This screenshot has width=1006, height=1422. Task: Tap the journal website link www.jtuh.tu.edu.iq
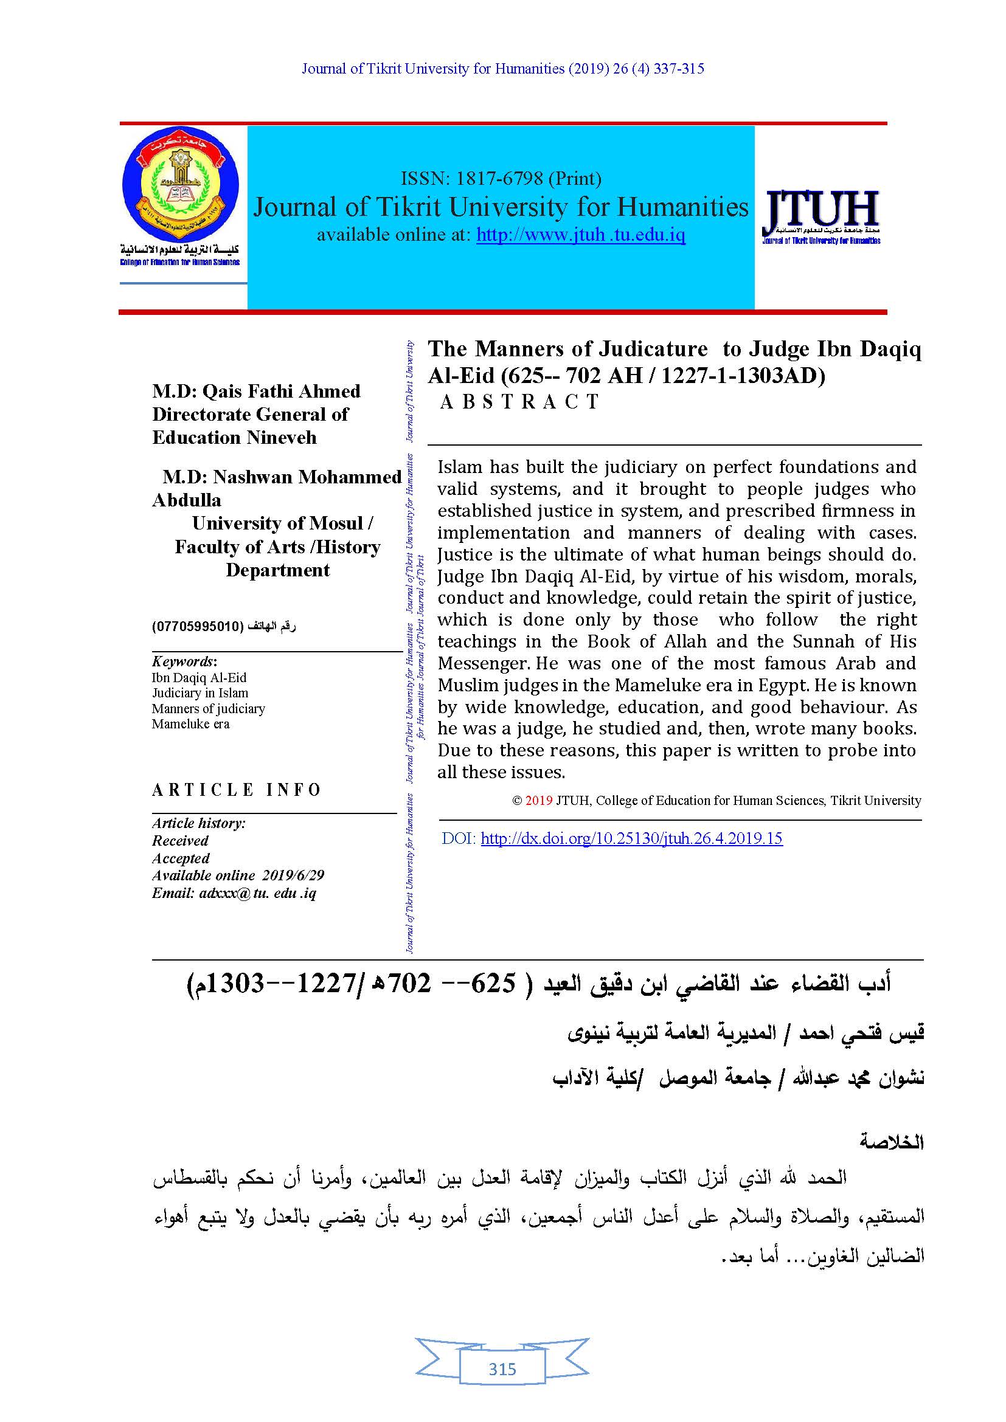pos(580,235)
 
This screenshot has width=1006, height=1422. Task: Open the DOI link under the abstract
pos(631,839)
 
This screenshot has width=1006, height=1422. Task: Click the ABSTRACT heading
pos(519,402)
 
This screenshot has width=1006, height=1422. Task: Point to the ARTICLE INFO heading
pos(237,790)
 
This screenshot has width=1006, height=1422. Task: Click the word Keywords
pos(183,662)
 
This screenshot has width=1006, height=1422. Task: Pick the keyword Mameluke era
pos(191,724)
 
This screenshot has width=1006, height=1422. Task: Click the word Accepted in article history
pos(181,858)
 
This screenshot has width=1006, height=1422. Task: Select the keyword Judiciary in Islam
pos(200,693)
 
